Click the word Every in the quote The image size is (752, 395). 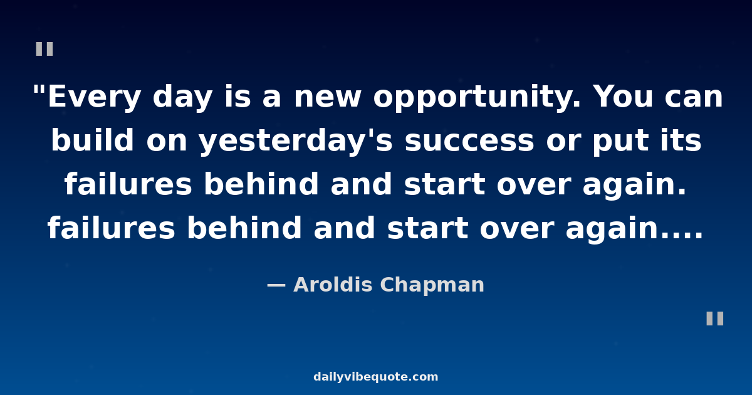[x=94, y=97]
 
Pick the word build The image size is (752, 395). [x=92, y=140]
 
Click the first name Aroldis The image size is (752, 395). [x=333, y=285]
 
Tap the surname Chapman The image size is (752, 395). [x=432, y=285]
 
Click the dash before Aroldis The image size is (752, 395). [x=276, y=285]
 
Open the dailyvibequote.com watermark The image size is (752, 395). [x=375, y=377]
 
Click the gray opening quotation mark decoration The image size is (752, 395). [x=44, y=49]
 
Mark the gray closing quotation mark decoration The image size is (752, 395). [x=715, y=319]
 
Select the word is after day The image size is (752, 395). [x=238, y=97]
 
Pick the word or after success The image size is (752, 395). [x=563, y=142]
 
